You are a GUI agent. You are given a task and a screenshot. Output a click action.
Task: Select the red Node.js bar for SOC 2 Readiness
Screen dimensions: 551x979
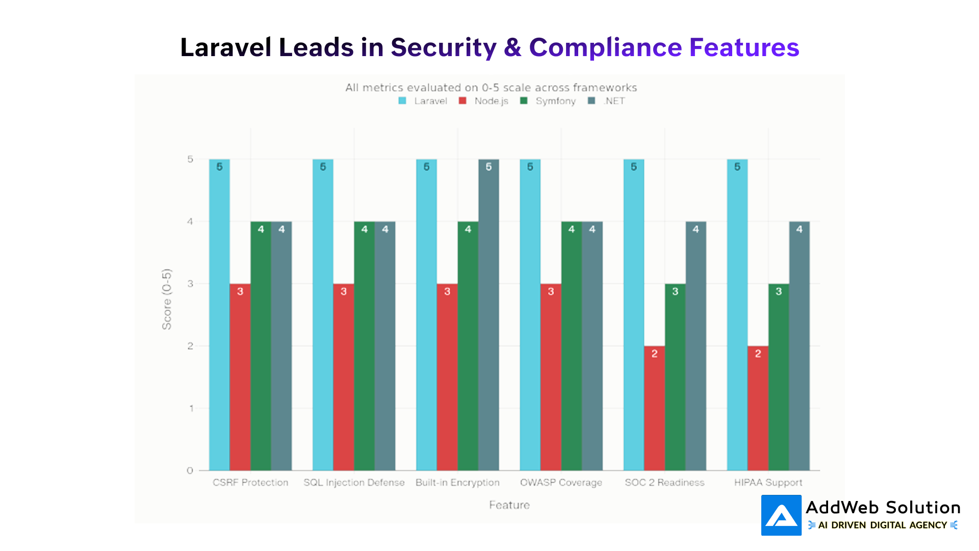pyautogui.click(x=654, y=408)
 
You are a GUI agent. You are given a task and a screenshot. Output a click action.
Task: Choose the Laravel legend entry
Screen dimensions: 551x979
pyautogui.click(x=423, y=101)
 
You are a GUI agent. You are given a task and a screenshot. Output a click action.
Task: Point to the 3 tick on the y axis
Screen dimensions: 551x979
pyautogui.click(x=190, y=284)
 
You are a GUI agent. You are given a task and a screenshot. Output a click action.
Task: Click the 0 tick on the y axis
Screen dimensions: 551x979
pyautogui.click(x=190, y=470)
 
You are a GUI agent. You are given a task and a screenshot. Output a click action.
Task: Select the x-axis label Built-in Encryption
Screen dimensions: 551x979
pyautogui.click(x=457, y=483)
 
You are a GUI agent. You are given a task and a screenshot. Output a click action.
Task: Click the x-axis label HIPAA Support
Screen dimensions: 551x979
pyautogui.click(x=768, y=483)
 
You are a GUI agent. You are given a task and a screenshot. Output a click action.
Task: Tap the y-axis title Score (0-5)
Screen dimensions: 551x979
pyautogui.click(x=167, y=299)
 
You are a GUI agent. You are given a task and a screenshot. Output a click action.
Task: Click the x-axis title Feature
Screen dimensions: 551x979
pyautogui.click(x=509, y=505)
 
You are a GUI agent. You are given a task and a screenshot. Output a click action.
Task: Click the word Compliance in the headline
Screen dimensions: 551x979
pyautogui.click(x=605, y=47)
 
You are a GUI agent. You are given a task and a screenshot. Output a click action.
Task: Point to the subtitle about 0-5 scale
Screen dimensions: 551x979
pyautogui.click(x=491, y=88)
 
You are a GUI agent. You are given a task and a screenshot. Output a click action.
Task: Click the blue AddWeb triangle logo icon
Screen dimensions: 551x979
pyautogui.click(x=781, y=515)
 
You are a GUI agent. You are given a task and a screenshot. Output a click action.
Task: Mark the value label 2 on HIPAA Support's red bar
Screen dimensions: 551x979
pyautogui.click(x=758, y=354)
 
